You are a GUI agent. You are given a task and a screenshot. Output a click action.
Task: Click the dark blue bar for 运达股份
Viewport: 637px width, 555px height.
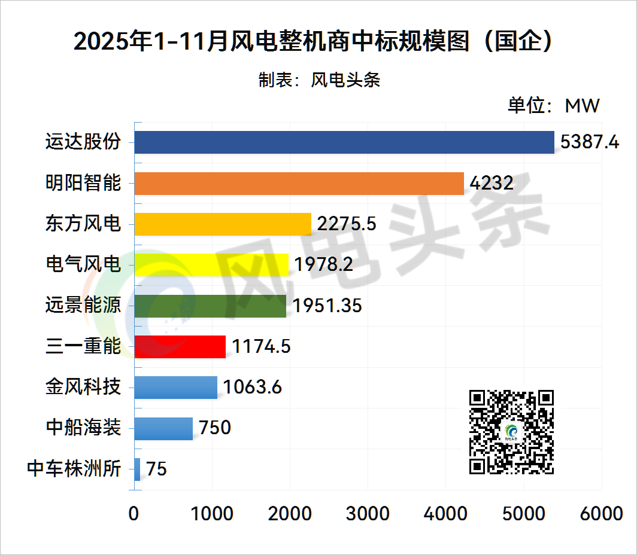[344, 142]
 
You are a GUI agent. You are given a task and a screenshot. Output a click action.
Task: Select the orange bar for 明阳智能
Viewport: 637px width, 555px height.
[299, 183]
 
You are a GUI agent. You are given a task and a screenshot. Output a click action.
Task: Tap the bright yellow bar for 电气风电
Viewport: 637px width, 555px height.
[211, 264]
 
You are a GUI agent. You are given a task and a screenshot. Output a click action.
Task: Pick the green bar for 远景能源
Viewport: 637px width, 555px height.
[210, 305]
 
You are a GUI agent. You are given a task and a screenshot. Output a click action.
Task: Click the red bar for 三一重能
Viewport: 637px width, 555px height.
[180, 346]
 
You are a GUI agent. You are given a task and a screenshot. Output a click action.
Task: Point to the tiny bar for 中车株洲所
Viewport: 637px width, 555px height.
[137, 469]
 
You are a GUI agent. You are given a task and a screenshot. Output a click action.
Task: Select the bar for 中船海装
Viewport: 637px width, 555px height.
[163, 428]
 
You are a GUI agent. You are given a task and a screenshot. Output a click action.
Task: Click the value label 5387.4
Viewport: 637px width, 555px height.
[589, 142]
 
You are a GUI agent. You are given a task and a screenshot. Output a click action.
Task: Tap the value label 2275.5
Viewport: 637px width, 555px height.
[347, 224]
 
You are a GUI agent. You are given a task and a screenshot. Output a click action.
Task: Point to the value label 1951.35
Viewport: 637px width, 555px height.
[327, 305]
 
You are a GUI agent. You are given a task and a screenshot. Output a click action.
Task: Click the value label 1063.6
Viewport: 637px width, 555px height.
[252, 387]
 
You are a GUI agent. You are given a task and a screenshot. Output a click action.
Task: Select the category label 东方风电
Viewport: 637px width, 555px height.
[83, 224]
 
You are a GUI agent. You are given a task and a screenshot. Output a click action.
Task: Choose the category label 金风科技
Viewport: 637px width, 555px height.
[83, 387]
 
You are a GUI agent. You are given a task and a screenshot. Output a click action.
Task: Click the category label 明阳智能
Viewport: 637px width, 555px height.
[83, 183]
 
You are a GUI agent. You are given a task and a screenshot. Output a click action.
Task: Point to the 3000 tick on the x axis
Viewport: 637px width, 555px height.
[368, 513]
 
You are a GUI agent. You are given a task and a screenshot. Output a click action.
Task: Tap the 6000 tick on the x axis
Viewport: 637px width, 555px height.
[602, 513]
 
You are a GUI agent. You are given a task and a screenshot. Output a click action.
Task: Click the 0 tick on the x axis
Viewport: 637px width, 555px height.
[134, 513]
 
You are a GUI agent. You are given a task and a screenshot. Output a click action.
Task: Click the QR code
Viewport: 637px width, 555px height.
[511, 432]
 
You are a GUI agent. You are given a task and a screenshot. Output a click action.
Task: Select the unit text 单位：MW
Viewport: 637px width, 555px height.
[553, 106]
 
